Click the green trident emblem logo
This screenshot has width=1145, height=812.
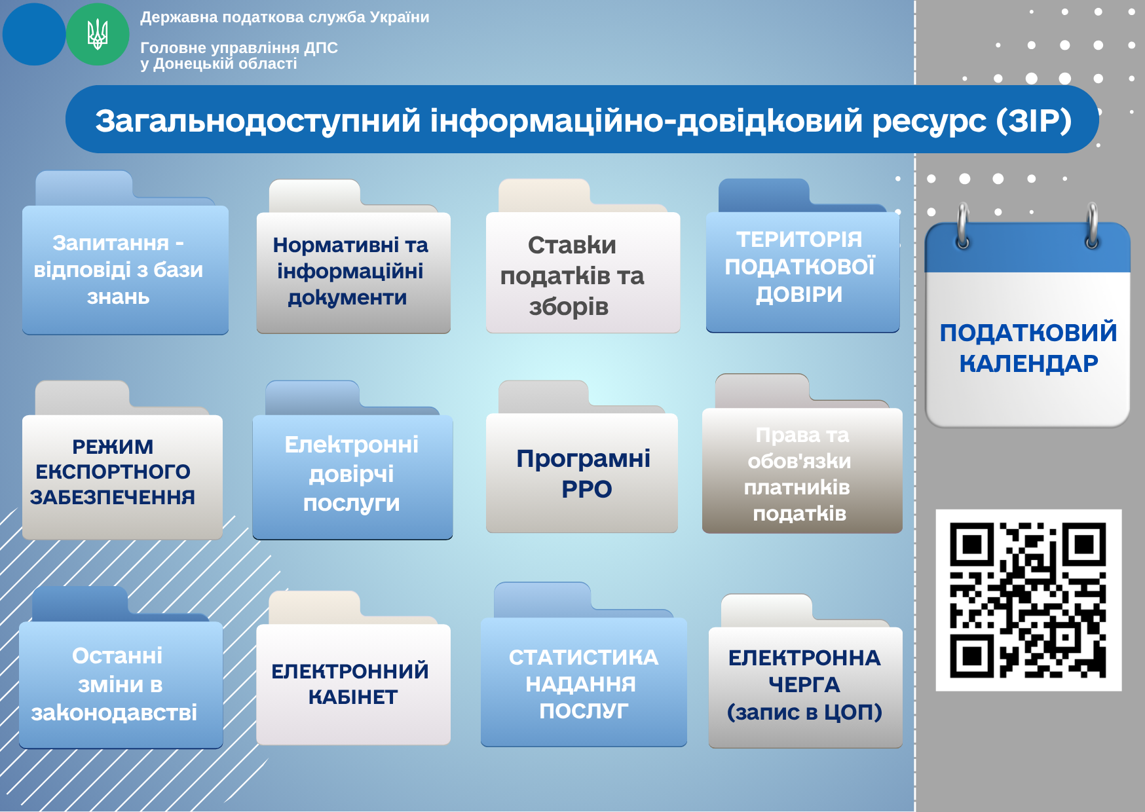pos(98,34)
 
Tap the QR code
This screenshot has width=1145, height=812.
pos(1028,600)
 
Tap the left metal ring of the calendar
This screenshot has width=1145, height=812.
pos(963,225)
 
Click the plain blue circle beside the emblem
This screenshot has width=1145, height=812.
pos(34,34)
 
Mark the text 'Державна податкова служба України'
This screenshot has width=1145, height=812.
pos(285,18)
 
